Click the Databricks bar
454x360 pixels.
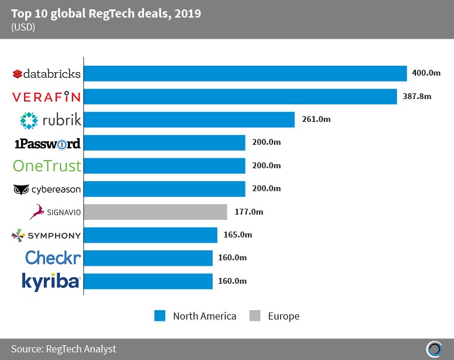[x=246, y=73]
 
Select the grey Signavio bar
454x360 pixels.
[x=156, y=212]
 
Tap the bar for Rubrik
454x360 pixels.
[x=190, y=120]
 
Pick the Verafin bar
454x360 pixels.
[x=241, y=96]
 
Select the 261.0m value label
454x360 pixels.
[x=316, y=120]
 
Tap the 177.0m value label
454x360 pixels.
[x=248, y=212]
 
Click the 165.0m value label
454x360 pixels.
[x=237, y=235]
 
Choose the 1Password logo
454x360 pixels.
[x=47, y=143]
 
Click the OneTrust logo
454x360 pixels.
[x=47, y=166]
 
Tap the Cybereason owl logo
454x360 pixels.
[x=21, y=189]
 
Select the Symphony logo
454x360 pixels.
[x=47, y=235]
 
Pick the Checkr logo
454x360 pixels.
[x=53, y=258]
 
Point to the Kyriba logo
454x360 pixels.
[x=50, y=281]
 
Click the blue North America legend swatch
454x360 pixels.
[x=161, y=316]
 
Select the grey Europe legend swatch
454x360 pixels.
[x=254, y=316]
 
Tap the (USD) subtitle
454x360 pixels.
[x=23, y=27]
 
